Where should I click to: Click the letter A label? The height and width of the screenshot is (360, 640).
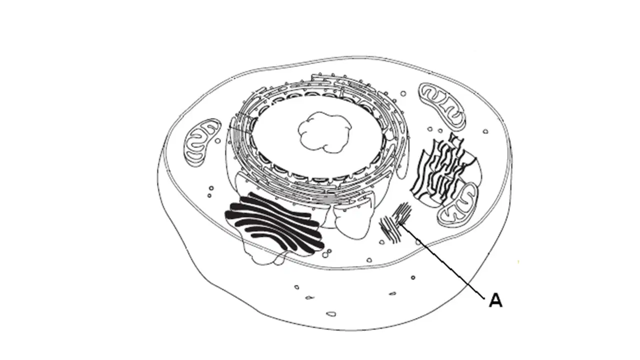pyautogui.click(x=495, y=300)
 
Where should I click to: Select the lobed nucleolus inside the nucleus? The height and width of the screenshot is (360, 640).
pyautogui.click(x=324, y=132)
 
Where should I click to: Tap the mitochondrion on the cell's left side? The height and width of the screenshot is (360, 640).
pyautogui.click(x=202, y=142)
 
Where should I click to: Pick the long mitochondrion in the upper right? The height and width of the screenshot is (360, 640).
pyautogui.click(x=441, y=106)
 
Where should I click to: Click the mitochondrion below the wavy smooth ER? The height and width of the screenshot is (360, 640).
pyautogui.click(x=457, y=205)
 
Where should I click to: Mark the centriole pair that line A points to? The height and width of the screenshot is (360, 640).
pyautogui.click(x=395, y=222)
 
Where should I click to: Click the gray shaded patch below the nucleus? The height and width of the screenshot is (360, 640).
pyautogui.click(x=327, y=199)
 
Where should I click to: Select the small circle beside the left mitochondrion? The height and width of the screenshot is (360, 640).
pyautogui.click(x=217, y=140)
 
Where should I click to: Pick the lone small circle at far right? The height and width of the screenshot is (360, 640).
pyautogui.click(x=485, y=131)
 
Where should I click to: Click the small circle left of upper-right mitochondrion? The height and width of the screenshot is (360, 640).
pyautogui.click(x=403, y=93)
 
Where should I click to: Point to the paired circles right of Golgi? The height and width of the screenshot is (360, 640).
pyautogui.click(x=326, y=253)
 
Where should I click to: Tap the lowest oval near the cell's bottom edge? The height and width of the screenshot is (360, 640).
pyautogui.click(x=331, y=314)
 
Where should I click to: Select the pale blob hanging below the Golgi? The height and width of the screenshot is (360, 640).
pyautogui.click(x=265, y=257)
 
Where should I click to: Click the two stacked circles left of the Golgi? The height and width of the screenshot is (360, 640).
pyautogui.click(x=210, y=191)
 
